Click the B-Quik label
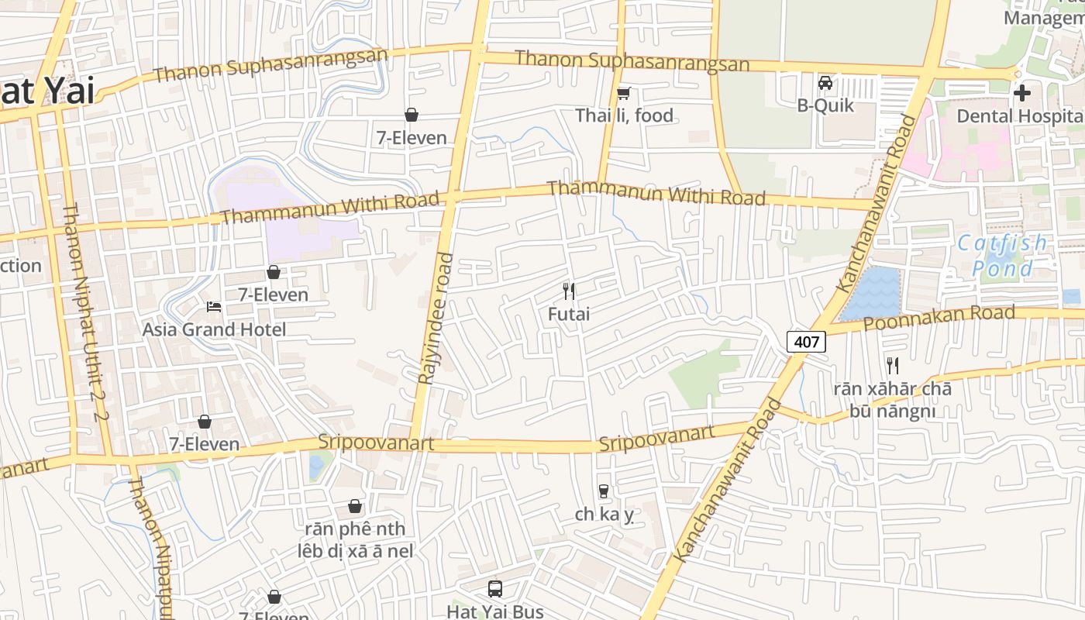[825, 105]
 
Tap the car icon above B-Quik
[825, 82]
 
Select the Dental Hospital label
[1019, 115]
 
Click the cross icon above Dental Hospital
[1022, 93]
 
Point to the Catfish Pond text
[1002, 256]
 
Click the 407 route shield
[806, 341]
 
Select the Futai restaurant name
[569, 314]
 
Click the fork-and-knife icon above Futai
[569, 291]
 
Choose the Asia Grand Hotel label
[214, 329]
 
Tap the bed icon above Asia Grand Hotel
[214, 307]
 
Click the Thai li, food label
[624, 115]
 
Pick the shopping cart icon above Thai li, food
[623, 94]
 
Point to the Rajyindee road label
[435, 318]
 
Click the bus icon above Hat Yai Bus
[495, 589]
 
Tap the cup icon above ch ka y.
[604, 491]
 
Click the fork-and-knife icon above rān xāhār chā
[893, 365]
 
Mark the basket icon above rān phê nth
[355, 506]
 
